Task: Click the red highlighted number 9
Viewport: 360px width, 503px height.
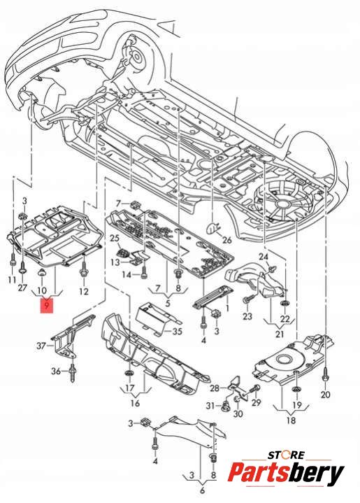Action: point(47,305)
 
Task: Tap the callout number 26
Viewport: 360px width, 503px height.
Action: point(226,240)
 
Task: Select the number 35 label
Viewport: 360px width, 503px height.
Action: point(178,331)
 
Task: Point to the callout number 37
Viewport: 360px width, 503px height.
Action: point(41,346)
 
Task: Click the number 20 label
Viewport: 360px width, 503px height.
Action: point(325,394)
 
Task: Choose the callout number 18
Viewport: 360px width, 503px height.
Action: point(291,420)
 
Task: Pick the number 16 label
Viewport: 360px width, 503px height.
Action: point(136,402)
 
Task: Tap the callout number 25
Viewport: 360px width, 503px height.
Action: point(115,239)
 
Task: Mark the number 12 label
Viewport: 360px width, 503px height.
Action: point(84,291)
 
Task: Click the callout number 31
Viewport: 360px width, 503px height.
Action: point(210,406)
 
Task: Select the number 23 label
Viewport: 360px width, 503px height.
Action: point(247,316)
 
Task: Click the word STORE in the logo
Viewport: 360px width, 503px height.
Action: point(286,455)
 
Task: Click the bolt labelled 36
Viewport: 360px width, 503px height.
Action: point(73,371)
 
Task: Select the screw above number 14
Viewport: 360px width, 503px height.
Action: point(144,272)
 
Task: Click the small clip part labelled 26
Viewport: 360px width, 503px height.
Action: point(213,228)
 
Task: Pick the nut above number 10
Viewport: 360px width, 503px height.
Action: point(42,273)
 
